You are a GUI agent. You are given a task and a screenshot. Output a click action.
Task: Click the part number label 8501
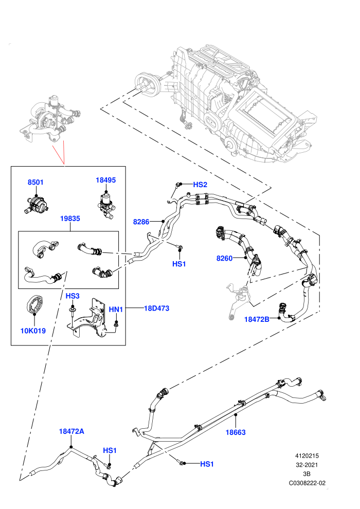(x=35, y=182)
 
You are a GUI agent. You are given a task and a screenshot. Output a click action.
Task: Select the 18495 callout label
(x=105, y=180)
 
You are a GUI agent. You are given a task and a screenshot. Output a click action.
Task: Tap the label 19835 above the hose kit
(x=70, y=219)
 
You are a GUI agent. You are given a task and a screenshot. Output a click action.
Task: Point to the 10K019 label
(x=33, y=331)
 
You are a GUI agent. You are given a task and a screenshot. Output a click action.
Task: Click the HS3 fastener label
(x=73, y=296)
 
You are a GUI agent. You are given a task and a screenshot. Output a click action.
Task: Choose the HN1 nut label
(x=116, y=310)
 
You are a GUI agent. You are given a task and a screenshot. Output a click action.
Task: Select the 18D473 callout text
(x=157, y=308)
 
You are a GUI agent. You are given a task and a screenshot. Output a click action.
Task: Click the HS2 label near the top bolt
(x=200, y=185)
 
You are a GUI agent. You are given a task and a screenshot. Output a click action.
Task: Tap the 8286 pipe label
(x=141, y=222)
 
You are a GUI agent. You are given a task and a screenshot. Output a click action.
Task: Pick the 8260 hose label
(x=225, y=258)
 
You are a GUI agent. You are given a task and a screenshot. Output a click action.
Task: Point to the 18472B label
(x=257, y=319)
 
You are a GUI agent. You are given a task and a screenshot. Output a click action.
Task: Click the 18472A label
(x=71, y=431)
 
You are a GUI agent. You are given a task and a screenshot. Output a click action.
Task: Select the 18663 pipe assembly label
(x=236, y=432)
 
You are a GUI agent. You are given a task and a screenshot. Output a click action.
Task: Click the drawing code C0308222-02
(x=307, y=483)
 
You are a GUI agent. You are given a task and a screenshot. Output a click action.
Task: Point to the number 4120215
(x=307, y=456)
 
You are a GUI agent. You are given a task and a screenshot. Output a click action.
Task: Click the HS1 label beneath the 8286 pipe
(x=179, y=264)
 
